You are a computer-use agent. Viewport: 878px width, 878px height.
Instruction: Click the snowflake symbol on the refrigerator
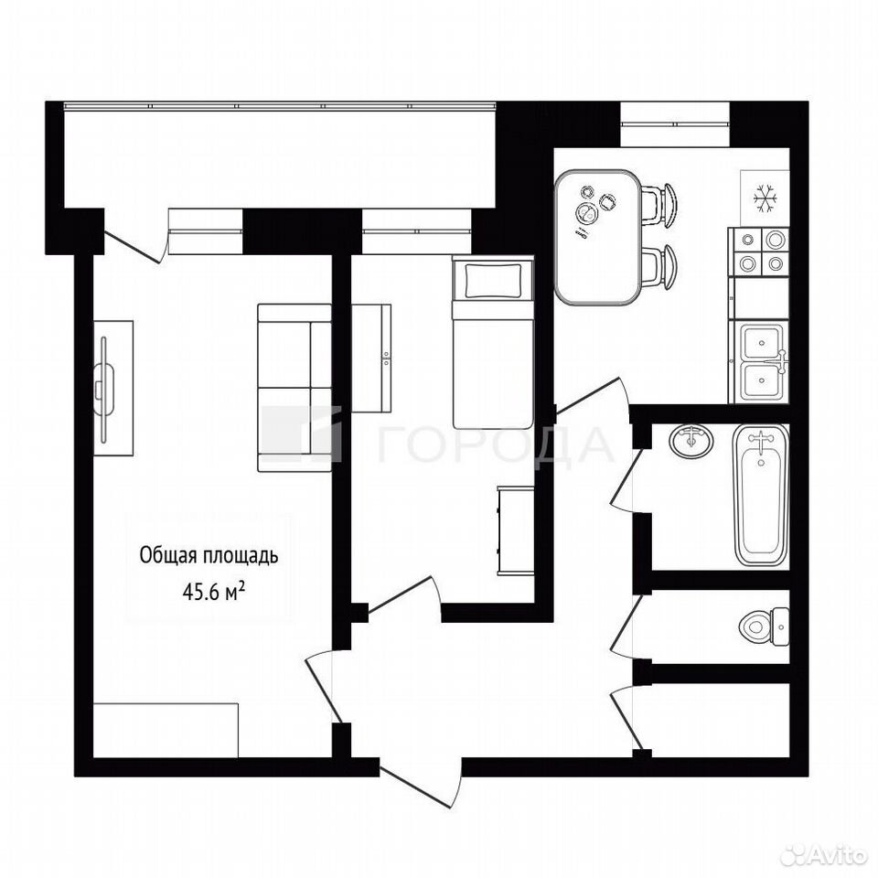point(763,198)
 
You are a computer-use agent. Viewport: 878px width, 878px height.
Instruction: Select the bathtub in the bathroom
point(760,496)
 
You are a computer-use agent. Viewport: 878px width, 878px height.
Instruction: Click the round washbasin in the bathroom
point(691,440)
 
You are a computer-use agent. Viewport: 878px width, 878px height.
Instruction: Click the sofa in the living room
point(294,388)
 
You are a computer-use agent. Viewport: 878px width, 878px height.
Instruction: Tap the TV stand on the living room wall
point(113,388)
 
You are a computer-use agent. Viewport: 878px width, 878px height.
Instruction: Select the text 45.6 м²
point(213,592)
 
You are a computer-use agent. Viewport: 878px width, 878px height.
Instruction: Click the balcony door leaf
point(135,246)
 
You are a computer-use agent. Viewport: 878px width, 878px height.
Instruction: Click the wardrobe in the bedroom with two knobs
point(371,359)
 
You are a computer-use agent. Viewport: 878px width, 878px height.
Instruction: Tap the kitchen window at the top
point(675,123)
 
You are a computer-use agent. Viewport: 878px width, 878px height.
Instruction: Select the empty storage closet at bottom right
point(720,720)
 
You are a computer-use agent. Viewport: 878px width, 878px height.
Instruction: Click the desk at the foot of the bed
point(515,530)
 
